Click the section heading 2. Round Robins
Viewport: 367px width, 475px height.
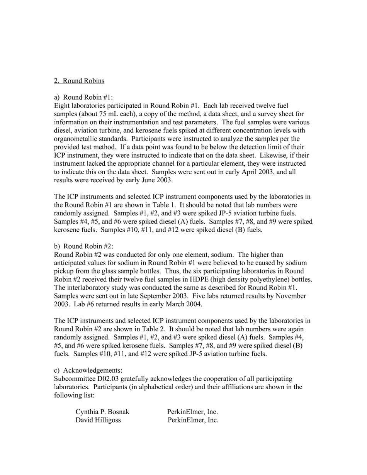pyautogui.click(x=79, y=81)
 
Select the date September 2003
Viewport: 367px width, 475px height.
pyautogui.click(x=163, y=296)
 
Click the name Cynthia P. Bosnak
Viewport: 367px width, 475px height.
pyautogui.click(x=102, y=412)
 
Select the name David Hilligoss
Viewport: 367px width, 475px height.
pyautogui.click(x=98, y=420)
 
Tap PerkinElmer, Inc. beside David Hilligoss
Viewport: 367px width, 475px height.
pyautogui.click(x=193, y=420)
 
